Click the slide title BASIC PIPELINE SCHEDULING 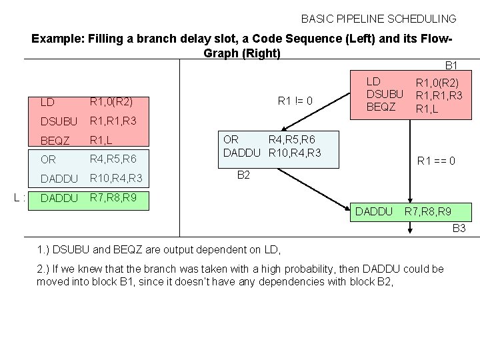[379, 19]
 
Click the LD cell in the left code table [47, 103]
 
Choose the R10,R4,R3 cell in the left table [116, 179]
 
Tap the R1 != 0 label [295, 102]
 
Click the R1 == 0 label [436, 160]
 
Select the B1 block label [451, 65]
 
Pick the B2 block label [244, 175]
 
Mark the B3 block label [459, 229]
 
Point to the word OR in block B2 [230, 140]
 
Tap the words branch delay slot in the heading [154, 39]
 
